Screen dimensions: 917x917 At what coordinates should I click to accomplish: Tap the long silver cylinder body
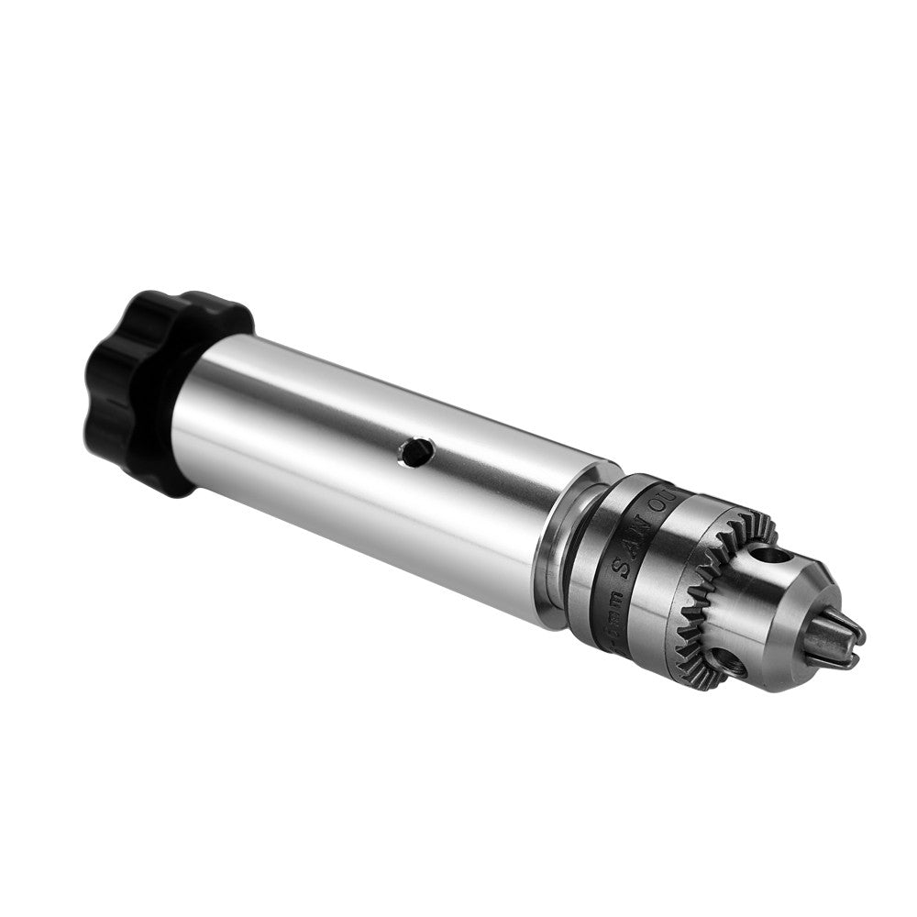coord(367,458)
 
